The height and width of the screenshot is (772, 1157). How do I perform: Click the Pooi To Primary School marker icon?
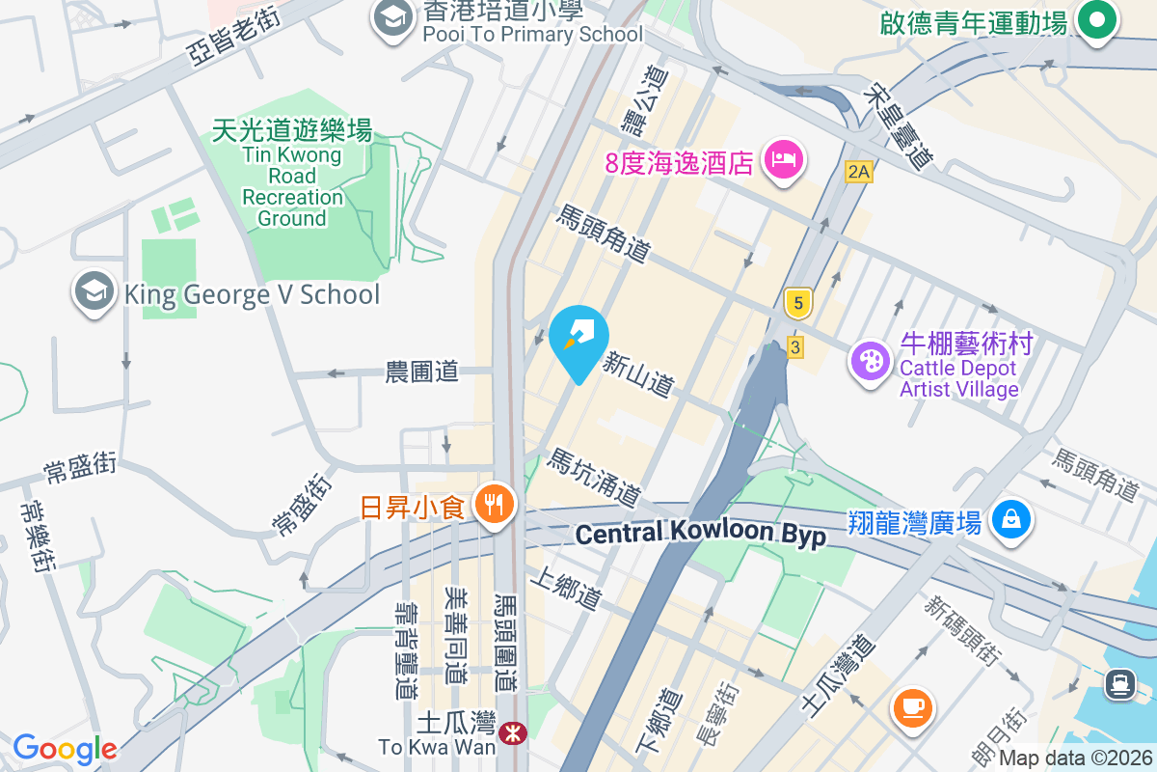tap(392, 18)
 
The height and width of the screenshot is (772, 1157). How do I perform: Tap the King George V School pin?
tap(94, 292)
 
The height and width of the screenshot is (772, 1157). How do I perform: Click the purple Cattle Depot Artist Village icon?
tap(871, 364)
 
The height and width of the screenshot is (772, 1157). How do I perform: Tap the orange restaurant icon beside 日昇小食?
tap(496, 505)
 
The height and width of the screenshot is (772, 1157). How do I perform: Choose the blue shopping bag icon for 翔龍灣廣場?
tap(1012, 521)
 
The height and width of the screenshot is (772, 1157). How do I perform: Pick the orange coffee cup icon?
tap(912, 707)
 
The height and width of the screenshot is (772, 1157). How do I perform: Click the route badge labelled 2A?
tap(858, 173)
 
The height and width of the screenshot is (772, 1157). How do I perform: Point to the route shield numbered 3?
tap(794, 346)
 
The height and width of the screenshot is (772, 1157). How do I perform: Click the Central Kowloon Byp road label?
tap(700, 534)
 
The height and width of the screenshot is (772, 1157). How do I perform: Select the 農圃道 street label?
tap(422, 372)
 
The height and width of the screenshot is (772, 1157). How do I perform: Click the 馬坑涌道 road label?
tap(594, 478)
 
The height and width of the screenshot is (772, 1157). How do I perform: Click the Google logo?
tap(65, 748)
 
